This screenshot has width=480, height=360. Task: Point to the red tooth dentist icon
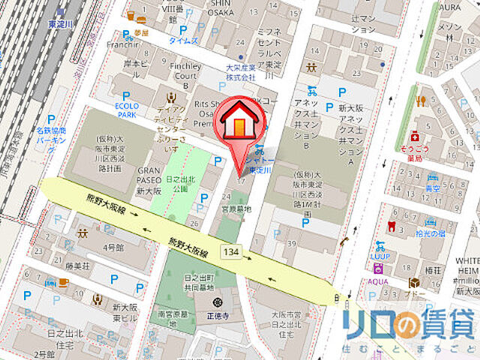[389, 225]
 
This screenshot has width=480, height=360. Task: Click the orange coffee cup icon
[62, 282]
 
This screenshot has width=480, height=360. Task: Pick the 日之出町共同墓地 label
[199, 282]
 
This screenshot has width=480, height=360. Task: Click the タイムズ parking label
[183, 40]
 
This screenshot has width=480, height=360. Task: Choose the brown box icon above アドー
[412, 283]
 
